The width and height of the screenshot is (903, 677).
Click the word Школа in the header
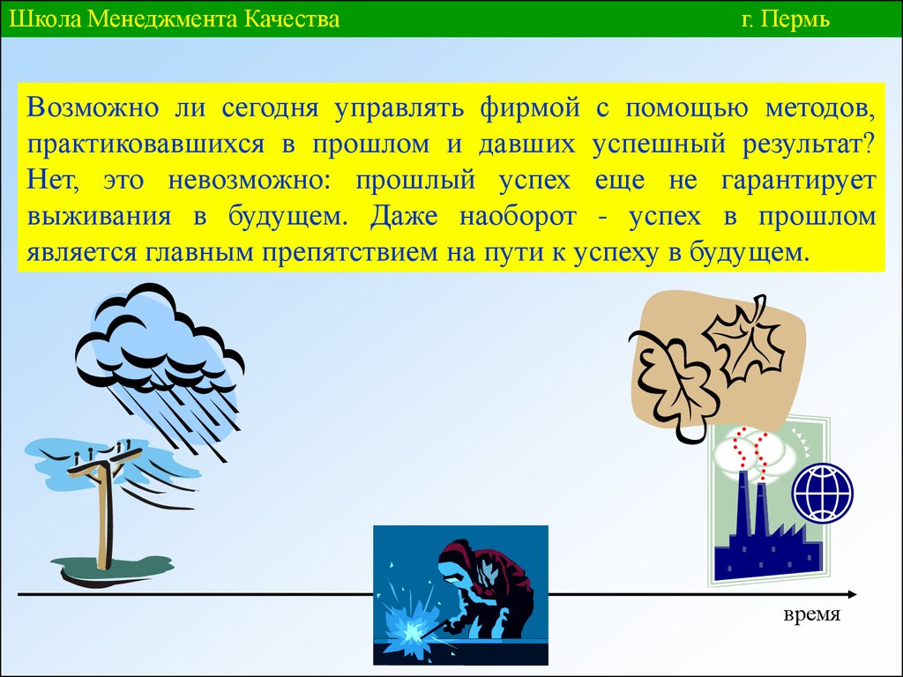pos(46,19)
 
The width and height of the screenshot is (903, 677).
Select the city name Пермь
pos(795,20)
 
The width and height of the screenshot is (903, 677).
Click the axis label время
pos(811,614)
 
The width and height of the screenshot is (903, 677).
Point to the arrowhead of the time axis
pos(852,595)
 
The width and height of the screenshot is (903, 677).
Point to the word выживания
pos(99,217)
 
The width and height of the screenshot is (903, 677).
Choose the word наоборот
pos(517,218)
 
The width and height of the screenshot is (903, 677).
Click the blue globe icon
pos(823,494)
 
